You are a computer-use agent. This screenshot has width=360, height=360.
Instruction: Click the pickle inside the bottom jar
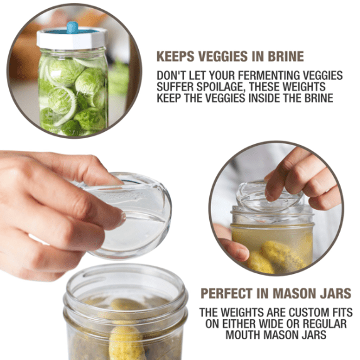(126, 339)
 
